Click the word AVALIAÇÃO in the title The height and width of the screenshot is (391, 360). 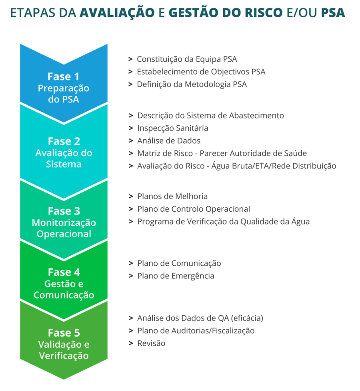[x=117, y=12]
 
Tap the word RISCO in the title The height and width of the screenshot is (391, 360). [x=264, y=12]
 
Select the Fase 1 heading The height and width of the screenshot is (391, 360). [x=63, y=76]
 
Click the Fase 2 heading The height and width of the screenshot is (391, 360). [x=64, y=141]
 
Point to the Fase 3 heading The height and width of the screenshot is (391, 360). [x=64, y=211]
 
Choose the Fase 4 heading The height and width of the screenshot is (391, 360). [x=64, y=272]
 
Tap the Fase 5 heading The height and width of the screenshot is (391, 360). [x=64, y=333]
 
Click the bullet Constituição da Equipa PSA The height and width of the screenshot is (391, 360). [x=187, y=59]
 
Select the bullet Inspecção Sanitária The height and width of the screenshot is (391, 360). [x=172, y=128]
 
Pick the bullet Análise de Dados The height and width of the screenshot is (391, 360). [x=169, y=140]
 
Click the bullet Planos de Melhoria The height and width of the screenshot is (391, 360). [x=172, y=196]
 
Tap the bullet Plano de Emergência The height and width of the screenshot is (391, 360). [x=176, y=276]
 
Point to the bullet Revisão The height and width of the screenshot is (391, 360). [x=151, y=343]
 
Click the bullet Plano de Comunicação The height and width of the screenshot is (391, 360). [x=179, y=264]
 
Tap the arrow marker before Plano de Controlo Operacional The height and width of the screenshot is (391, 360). [x=131, y=209]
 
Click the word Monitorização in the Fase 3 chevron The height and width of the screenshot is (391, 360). [x=64, y=223]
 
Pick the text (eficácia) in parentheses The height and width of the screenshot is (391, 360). [x=247, y=318]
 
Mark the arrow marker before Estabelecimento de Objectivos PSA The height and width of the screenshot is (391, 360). [x=130, y=72]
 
